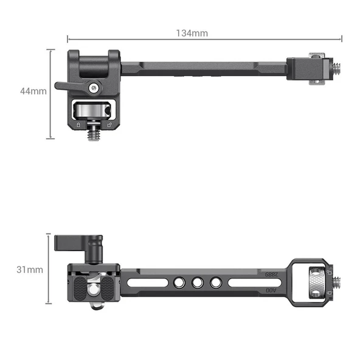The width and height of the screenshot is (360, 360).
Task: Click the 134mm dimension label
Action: [192, 33]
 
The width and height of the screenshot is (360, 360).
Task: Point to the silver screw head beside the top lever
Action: [93, 88]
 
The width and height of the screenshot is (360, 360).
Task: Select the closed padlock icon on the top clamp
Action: [78, 124]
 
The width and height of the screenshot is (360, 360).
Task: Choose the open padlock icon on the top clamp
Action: [108, 124]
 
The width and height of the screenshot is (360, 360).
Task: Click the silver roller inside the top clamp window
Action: [93, 111]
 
